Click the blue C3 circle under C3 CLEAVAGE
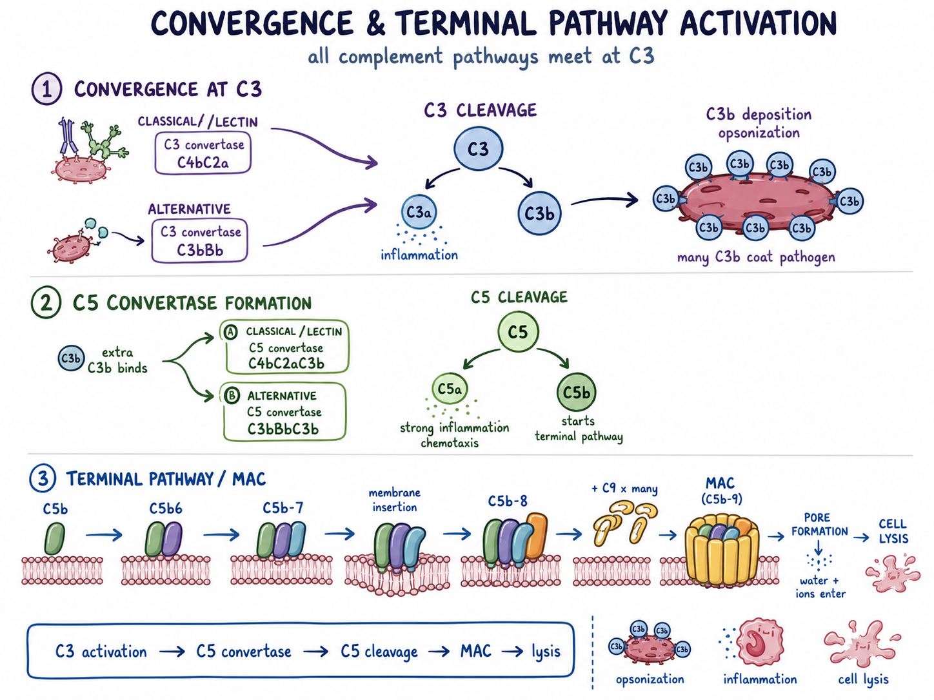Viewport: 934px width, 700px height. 478,149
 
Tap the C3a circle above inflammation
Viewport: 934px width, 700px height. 419,212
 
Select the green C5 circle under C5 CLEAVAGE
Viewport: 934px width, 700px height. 518,331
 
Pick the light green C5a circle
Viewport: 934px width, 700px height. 450,389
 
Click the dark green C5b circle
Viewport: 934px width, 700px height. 576,393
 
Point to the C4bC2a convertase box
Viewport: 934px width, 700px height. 203,153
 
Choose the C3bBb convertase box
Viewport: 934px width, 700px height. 199,240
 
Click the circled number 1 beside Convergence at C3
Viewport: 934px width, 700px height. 47,89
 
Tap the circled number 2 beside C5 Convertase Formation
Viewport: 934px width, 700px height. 46,302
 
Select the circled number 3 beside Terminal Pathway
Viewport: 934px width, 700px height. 43,478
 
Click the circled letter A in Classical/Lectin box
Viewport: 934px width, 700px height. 231,332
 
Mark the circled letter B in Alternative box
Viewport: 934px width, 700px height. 232,396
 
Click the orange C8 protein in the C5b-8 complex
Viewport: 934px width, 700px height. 536,536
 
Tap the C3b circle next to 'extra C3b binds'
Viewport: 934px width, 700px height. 71,358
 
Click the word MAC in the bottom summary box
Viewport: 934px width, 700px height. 476,651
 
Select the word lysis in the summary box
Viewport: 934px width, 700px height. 546,652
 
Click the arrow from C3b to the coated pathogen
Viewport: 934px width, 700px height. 604,200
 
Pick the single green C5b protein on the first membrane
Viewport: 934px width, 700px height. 55,538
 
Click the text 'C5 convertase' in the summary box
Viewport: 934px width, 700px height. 244,651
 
